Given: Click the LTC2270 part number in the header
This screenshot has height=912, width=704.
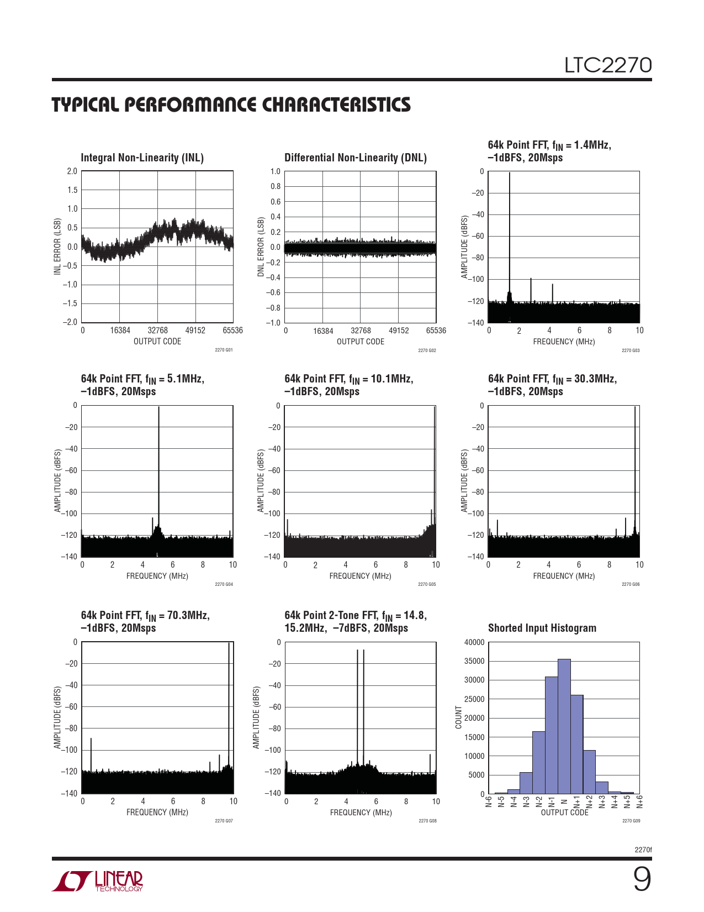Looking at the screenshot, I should (607, 65).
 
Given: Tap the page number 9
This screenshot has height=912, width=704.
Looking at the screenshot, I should (642, 879).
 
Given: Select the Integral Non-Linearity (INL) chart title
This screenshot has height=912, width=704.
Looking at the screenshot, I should (142, 158).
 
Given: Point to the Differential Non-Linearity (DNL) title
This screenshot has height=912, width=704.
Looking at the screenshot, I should (356, 158).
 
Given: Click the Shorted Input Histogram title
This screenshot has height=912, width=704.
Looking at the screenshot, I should (542, 628).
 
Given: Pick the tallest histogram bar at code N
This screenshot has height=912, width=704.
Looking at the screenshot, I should (564, 726).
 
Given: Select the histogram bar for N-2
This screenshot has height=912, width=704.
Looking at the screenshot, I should (539, 763).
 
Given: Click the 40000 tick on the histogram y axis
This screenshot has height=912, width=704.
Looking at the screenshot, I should (474, 642).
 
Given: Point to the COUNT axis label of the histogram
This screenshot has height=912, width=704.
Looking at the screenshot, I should (458, 717).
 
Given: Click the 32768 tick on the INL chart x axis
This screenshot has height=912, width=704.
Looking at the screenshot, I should (157, 331).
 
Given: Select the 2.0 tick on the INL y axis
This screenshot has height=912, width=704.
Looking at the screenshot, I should (72, 171).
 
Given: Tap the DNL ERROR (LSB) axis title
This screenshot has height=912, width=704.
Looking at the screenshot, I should (261, 247).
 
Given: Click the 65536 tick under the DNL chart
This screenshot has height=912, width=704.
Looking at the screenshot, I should (436, 331).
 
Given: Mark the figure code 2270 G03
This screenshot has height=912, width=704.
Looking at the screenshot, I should (631, 350).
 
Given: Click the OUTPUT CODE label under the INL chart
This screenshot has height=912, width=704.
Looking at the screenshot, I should (157, 342).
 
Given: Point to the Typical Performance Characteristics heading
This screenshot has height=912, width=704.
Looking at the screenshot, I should (231, 105).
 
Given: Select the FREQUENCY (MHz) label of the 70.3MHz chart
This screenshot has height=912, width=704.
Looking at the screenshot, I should (157, 813).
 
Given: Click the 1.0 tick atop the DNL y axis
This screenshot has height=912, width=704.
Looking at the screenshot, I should (276, 171).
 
